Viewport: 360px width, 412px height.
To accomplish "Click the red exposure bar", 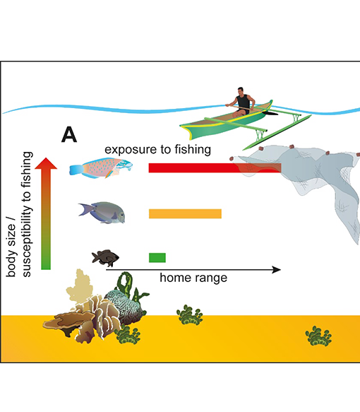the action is (x=215, y=168).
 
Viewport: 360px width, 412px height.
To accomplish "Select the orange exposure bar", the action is (x=185, y=213).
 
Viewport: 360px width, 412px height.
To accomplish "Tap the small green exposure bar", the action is (x=157, y=257).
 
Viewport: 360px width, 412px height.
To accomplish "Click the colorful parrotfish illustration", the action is (x=101, y=168).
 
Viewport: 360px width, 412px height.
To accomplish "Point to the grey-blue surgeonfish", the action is (x=102, y=213).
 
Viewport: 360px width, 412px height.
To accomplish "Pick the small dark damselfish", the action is (x=105, y=257).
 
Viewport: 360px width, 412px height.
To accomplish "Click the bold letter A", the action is (x=69, y=134).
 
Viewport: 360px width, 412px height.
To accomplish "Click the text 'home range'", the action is (x=193, y=278).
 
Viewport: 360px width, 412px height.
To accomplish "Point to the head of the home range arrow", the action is (x=279, y=269).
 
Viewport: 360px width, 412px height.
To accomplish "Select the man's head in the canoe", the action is (x=240, y=91).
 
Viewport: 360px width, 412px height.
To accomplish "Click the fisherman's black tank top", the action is (x=243, y=103).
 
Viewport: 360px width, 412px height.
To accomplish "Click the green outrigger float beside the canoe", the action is (x=277, y=132).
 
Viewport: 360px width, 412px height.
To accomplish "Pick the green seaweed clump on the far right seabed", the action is (x=318, y=336).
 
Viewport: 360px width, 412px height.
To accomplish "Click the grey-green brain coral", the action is (x=126, y=305).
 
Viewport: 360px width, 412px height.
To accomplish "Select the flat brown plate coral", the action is (x=68, y=321).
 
